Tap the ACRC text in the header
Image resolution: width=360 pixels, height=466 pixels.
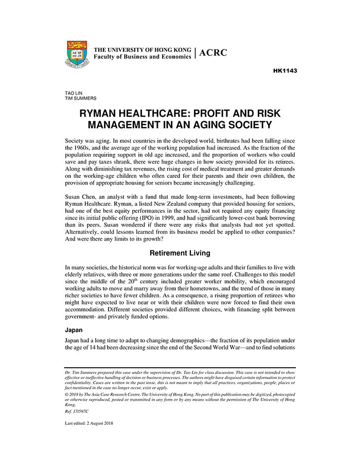coord(212,53)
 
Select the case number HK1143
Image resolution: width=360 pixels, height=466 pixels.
coord(284,70)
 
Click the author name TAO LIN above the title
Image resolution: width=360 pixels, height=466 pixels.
coord(73,93)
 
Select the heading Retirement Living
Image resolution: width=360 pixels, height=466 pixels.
coord(180,253)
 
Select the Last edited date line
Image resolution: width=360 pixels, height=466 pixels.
coord(89,423)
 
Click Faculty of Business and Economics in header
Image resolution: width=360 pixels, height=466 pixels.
coord(142,57)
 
